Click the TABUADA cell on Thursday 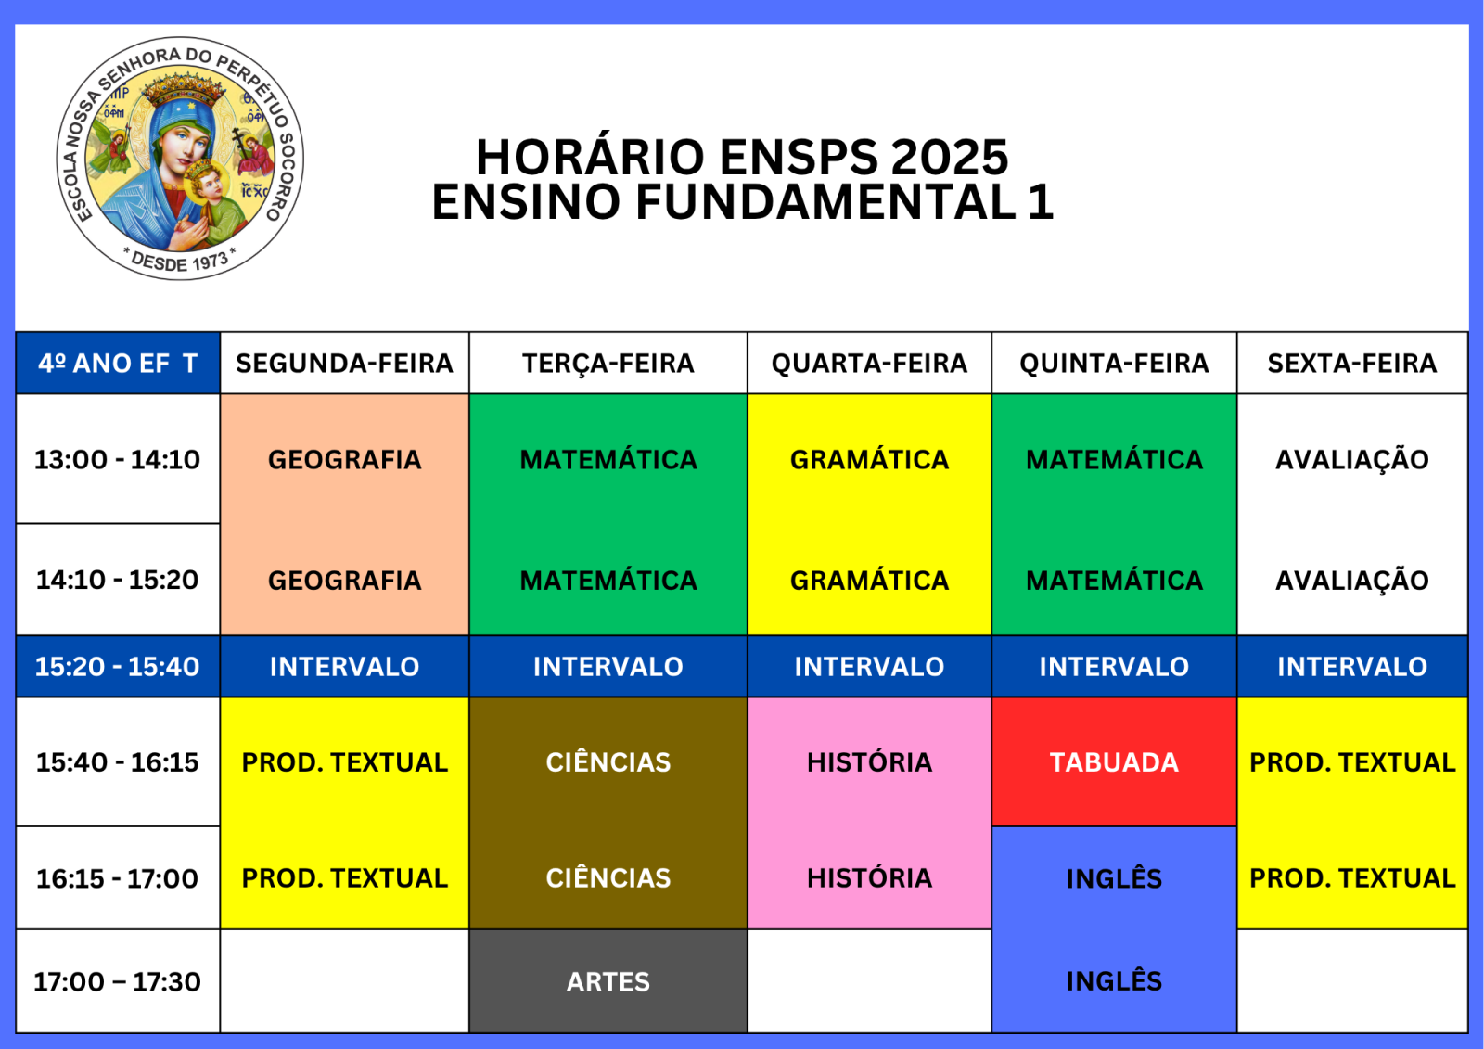pyautogui.click(x=1114, y=761)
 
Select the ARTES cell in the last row pyautogui.click(x=608, y=980)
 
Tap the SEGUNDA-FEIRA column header pyautogui.click(x=344, y=364)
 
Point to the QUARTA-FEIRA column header pyautogui.click(x=869, y=364)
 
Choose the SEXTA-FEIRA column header pyautogui.click(x=1352, y=364)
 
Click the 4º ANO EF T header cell pyautogui.click(x=118, y=364)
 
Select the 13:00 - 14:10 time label pyautogui.click(x=117, y=459)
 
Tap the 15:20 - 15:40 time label pyautogui.click(x=117, y=667)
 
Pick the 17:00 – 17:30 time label pyautogui.click(x=117, y=981)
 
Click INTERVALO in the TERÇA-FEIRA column pyautogui.click(x=608, y=667)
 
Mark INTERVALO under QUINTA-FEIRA pyautogui.click(x=1114, y=667)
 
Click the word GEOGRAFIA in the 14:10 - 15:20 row pyautogui.click(x=344, y=581)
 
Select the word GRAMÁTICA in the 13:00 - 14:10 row pyautogui.click(x=869, y=459)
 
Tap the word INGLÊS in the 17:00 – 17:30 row pyautogui.click(x=1114, y=980)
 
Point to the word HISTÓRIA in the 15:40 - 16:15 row pyautogui.click(x=869, y=762)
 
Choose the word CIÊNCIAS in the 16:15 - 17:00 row pyautogui.click(x=608, y=878)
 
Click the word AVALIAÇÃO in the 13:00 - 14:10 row pyautogui.click(x=1352, y=459)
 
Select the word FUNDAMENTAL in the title pyautogui.click(x=825, y=201)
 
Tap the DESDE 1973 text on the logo pyautogui.click(x=180, y=262)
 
